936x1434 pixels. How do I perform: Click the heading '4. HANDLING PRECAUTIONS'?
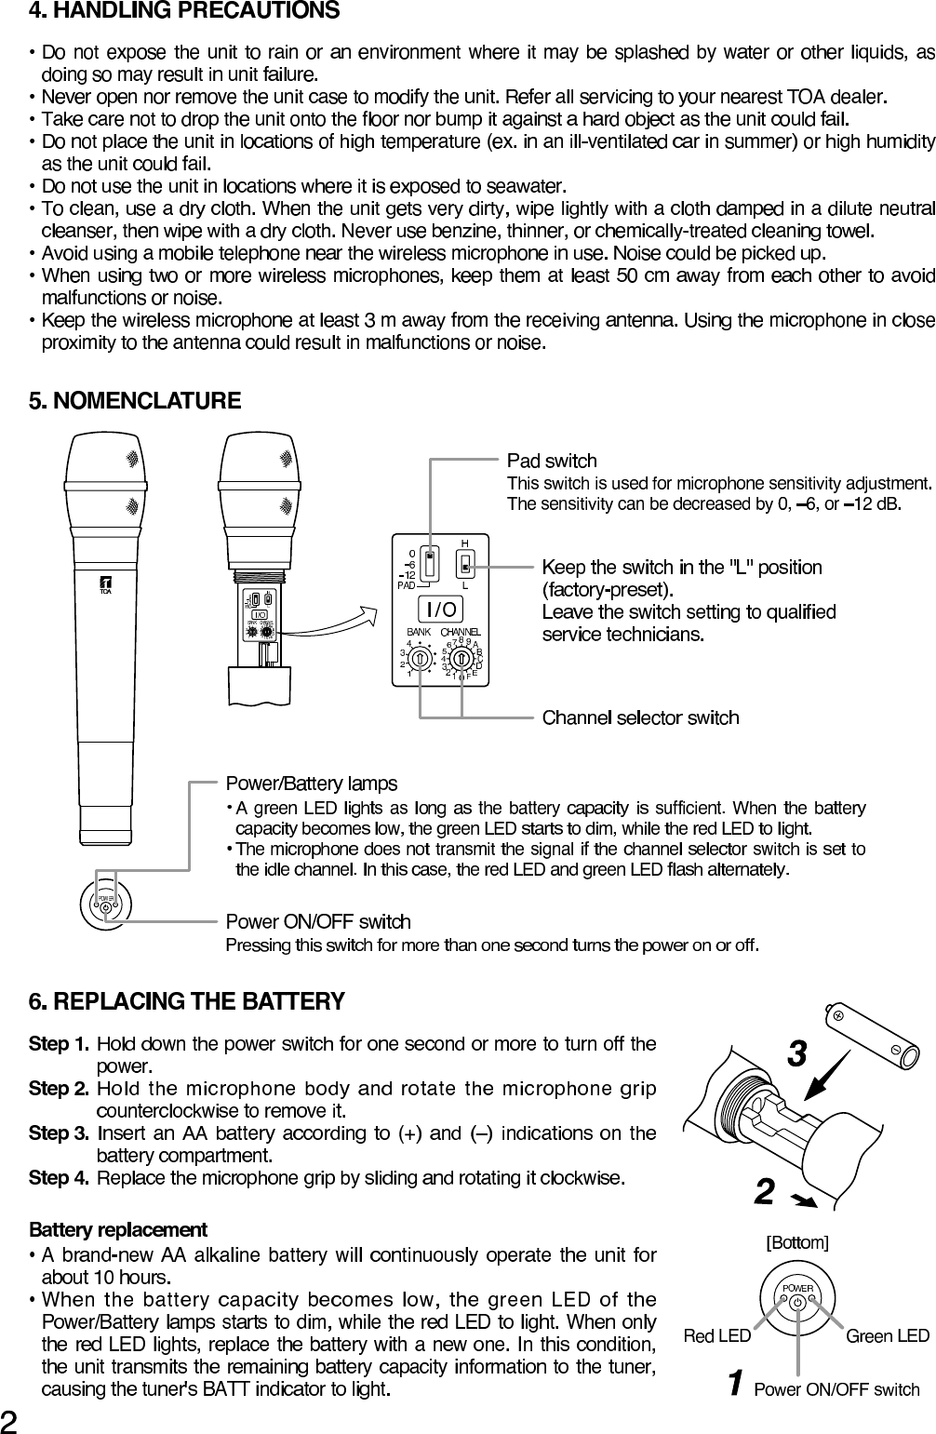(x=184, y=12)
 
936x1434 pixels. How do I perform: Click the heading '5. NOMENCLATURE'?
(x=135, y=401)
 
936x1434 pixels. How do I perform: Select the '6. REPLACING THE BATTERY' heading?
(x=187, y=1001)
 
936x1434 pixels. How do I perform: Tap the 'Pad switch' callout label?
(x=552, y=461)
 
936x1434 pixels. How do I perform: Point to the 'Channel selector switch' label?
(x=640, y=717)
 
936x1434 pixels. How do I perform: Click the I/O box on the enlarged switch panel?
(x=442, y=610)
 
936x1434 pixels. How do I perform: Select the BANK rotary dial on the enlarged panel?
(x=421, y=658)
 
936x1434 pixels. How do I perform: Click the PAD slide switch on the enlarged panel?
(x=430, y=563)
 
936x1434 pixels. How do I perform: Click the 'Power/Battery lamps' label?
(x=312, y=784)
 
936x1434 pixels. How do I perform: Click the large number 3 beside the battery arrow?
(x=796, y=1054)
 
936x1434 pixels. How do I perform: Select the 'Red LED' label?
(x=716, y=1336)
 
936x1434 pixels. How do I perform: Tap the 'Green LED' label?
(x=887, y=1336)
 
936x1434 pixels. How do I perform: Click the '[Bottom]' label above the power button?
(x=796, y=1242)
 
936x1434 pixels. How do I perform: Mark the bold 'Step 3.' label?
(x=60, y=1133)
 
